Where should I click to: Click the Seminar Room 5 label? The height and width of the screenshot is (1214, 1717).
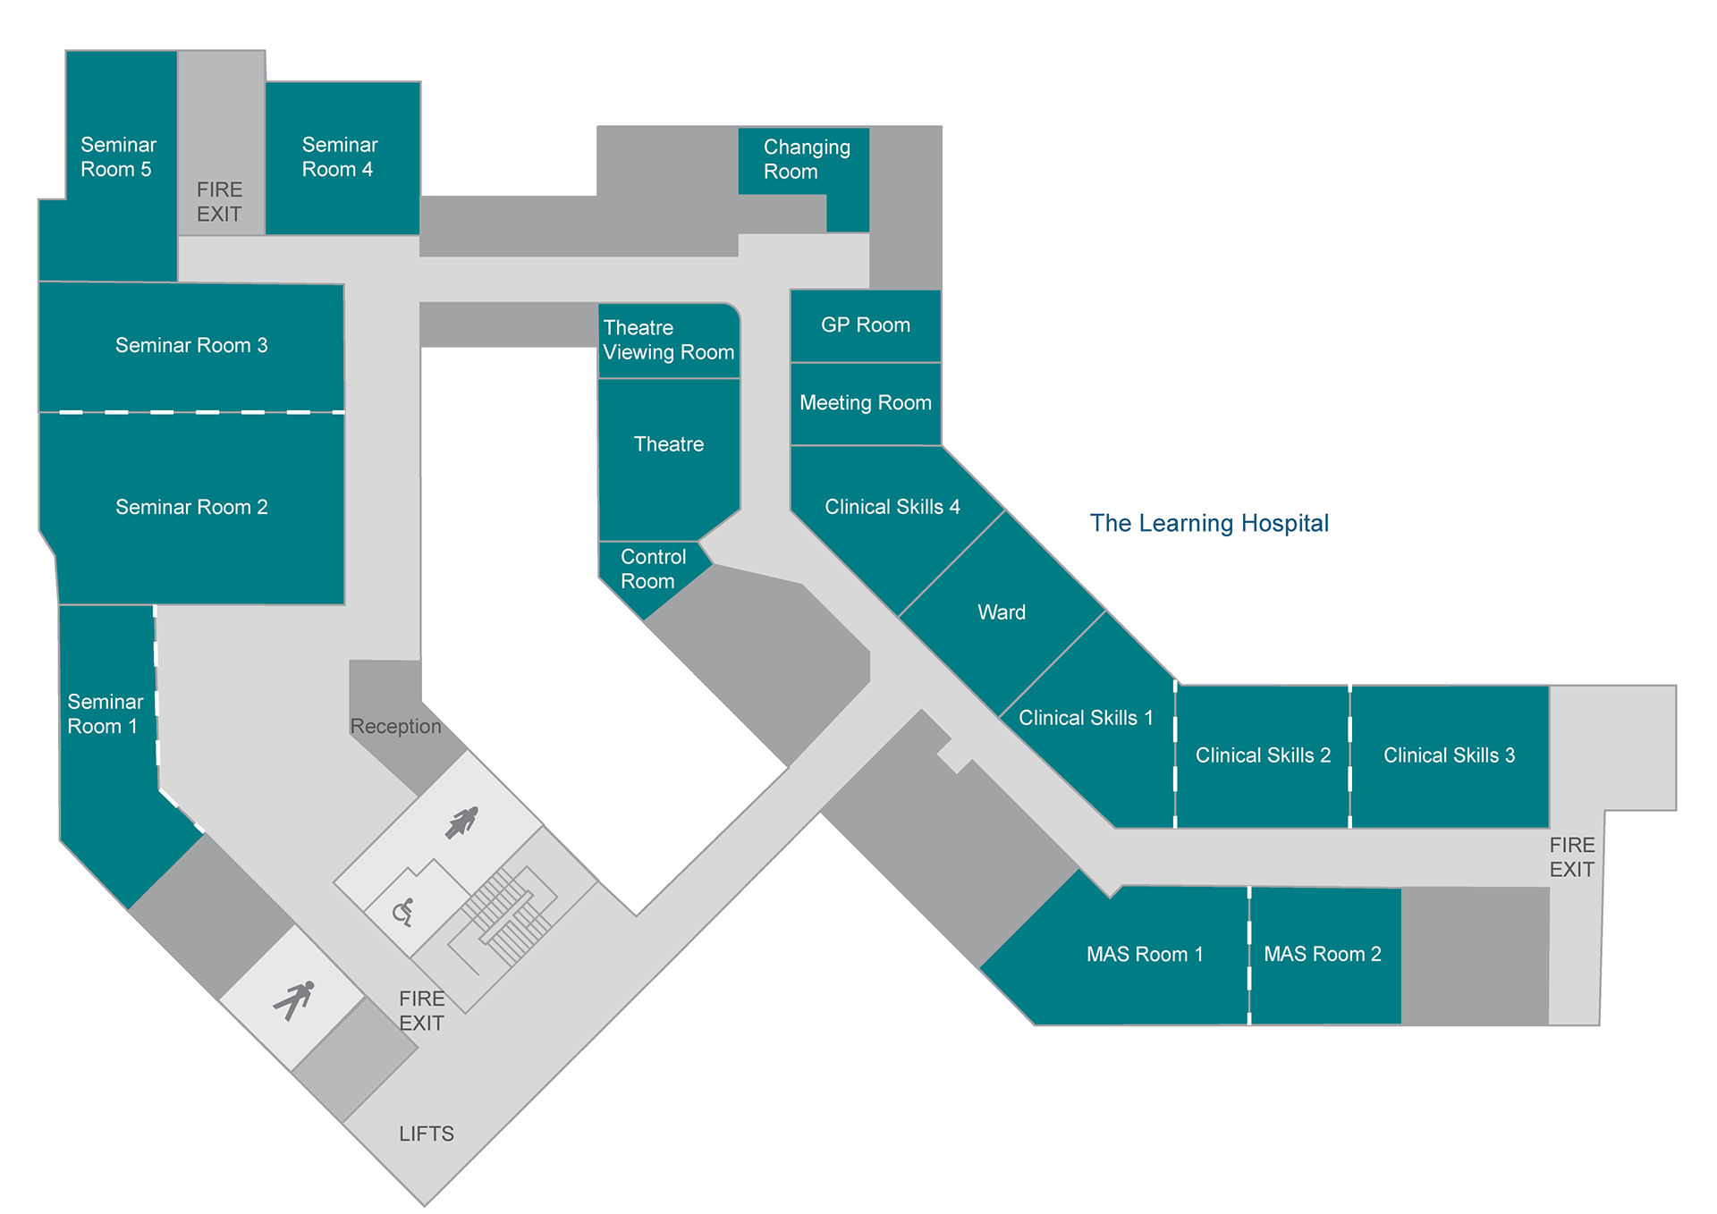pyautogui.click(x=117, y=157)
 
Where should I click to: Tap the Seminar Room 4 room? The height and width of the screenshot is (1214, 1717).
pyautogui.click(x=340, y=157)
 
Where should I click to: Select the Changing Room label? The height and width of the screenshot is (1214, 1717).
pyautogui.click(x=806, y=159)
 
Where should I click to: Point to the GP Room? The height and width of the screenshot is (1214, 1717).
pyautogui.click(x=866, y=325)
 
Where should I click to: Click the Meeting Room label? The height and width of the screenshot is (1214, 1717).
pyautogui.click(x=866, y=403)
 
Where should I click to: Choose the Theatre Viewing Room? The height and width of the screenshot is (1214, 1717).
pyautogui.click(x=668, y=341)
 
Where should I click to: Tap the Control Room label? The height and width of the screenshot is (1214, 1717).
pyautogui.click(x=653, y=569)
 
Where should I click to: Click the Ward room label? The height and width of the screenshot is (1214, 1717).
pyautogui.click(x=1002, y=612)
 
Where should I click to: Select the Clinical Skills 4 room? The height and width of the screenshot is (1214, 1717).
pyautogui.click(x=892, y=507)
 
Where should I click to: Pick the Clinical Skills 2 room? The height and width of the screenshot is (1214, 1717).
pyautogui.click(x=1263, y=755)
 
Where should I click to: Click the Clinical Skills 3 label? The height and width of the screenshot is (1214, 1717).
pyautogui.click(x=1449, y=755)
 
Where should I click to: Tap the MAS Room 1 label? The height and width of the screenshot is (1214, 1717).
pyautogui.click(x=1145, y=954)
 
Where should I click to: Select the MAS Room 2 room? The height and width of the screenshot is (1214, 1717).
pyautogui.click(x=1322, y=954)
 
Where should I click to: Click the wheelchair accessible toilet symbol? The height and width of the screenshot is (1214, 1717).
pyautogui.click(x=403, y=912)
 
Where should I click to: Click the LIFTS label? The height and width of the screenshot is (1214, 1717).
pyautogui.click(x=427, y=1134)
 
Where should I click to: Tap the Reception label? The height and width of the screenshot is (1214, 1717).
pyautogui.click(x=395, y=726)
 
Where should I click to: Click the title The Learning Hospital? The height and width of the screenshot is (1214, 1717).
pyautogui.click(x=1209, y=523)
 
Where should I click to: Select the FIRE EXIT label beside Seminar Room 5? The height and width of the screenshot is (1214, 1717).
pyautogui.click(x=219, y=202)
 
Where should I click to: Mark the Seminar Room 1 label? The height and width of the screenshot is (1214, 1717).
pyautogui.click(x=105, y=714)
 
